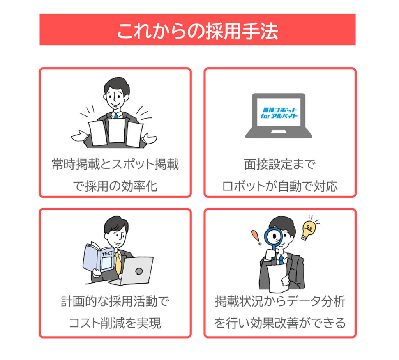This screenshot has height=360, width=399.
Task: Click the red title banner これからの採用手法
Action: click(197, 30)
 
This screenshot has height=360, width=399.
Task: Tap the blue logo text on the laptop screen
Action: click(279, 113)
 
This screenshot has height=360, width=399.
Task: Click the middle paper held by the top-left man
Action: click(117, 131)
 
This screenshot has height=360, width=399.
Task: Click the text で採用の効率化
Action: click(115, 186)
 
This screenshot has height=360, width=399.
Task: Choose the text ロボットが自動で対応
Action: click(279, 186)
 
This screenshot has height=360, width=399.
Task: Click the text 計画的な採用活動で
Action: click(115, 301)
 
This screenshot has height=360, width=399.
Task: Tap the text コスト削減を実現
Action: click(115, 323)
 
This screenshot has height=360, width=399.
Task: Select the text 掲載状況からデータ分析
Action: click(280, 301)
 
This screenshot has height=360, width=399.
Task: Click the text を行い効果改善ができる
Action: click(280, 323)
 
